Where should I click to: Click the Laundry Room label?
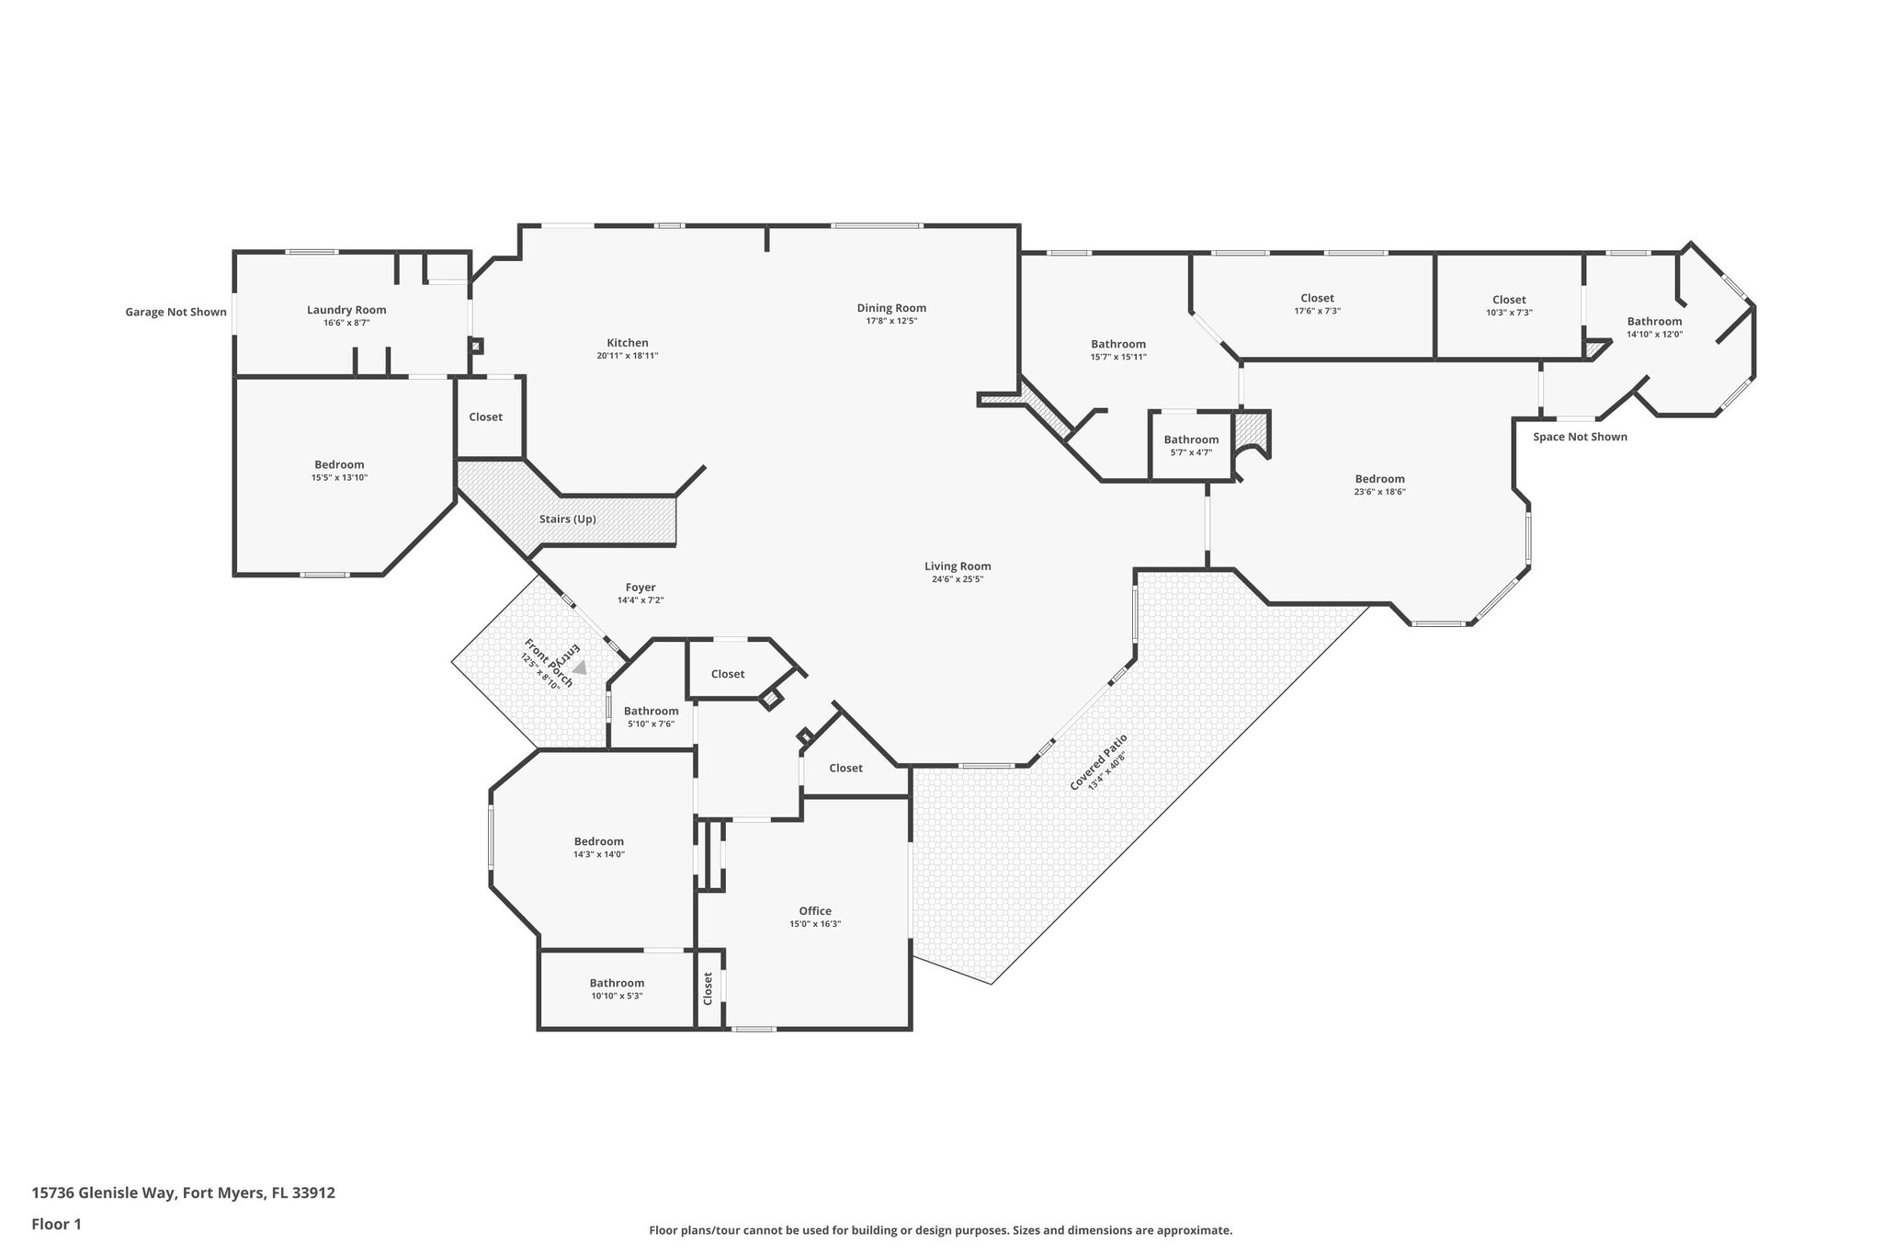pyautogui.click(x=346, y=310)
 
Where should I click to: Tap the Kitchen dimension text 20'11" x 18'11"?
pyautogui.click(x=627, y=356)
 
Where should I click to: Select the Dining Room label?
pyautogui.click(x=890, y=308)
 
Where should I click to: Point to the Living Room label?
pyautogui.click(x=958, y=566)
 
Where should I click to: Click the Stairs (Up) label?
pyautogui.click(x=567, y=519)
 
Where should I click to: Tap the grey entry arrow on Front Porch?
pyautogui.click(x=580, y=668)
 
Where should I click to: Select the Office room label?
pyautogui.click(x=814, y=911)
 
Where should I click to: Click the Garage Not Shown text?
pyautogui.click(x=176, y=313)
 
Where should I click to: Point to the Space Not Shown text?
pyautogui.click(x=1579, y=437)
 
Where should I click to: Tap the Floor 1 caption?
pyautogui.click(x=56, y=1224)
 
